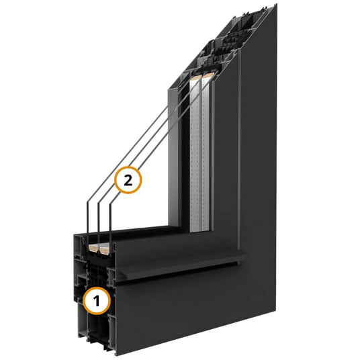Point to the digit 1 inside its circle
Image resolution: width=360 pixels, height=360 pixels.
pos(97,300)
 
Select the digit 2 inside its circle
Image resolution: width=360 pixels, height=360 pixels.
pos(128,180)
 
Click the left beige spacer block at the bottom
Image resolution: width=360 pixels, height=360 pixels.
pos(93,247)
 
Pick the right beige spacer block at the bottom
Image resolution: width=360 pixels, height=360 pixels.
pos(105,250)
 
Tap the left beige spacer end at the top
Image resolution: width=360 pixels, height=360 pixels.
pos(196,77)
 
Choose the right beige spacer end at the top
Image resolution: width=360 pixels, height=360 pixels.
pos(208,75)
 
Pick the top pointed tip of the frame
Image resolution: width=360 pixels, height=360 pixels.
pos(277,4)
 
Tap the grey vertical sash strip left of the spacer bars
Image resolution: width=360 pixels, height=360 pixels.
pos(173,159)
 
